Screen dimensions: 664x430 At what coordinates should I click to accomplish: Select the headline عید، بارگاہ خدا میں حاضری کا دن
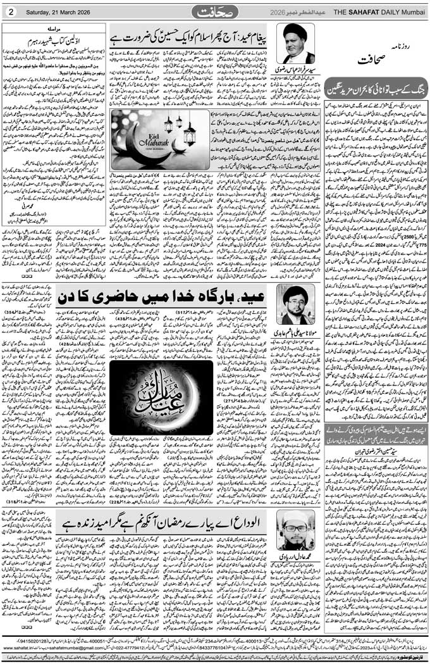164,296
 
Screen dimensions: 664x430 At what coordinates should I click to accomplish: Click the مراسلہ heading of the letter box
54,29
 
